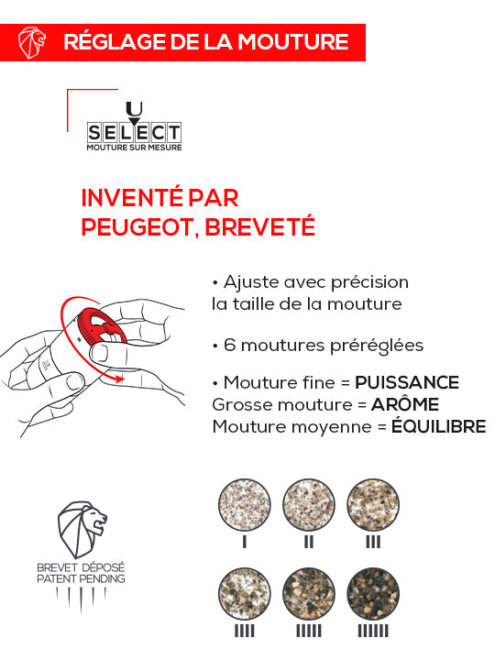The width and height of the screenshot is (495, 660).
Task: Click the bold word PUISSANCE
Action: click(407, 382)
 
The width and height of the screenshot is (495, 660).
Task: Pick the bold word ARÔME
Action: click(405, 404)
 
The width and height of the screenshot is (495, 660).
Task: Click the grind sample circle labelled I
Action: click(245, 506)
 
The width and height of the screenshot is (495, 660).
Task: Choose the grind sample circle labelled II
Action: click(308, 506)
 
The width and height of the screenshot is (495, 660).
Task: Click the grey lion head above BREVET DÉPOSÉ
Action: click(82, 533)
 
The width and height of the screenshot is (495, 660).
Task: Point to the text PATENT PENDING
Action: click(82, 579)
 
